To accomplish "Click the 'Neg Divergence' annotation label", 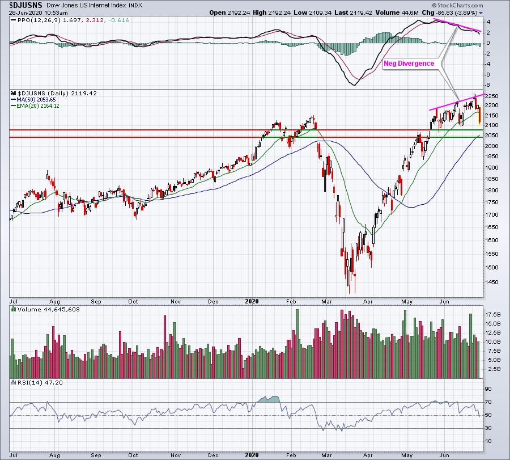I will (409, 64).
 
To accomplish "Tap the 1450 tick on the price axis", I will (492, 282).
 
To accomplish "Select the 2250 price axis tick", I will (492, 95).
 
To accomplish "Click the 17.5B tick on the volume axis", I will (492, 314).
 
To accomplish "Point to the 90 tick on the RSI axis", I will (487, 389).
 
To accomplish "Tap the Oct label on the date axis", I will (134, 301).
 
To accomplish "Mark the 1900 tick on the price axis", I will (492, 167).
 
